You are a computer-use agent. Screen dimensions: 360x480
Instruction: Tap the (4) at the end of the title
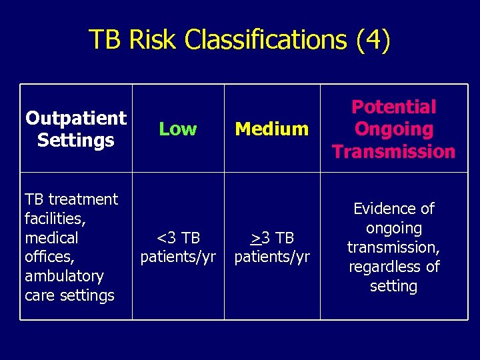pyautogui.click(x=373, y=40)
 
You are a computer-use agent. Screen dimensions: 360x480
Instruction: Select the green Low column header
pyautogui.click(x=178, y=129)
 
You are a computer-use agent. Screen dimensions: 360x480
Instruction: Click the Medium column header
pyautogui.click(x=272, y=129)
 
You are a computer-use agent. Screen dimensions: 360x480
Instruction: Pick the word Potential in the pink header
pyautogui.click(x=393, y=107)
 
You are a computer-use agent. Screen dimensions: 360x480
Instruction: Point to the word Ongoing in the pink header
pyautogui.click(x=393, y=129)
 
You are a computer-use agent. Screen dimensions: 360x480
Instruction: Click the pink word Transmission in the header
pyautogui.click(x=393, y=151)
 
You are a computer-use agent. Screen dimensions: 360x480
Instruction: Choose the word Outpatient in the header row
pyautogui.click(x=76, y=119)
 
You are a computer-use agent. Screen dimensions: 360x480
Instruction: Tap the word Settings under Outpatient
pyautogui.click(x=76, y=141)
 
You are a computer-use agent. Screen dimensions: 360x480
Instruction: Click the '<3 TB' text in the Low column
pyautogui.click(x=178, y=238)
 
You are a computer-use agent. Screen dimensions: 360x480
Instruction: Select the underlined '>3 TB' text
pyautogui.click(x=272, y=238)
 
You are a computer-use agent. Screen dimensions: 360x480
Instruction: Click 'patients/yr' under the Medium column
pyautogui.click(x=272, y=257)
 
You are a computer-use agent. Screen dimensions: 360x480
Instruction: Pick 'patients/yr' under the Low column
pyautogui.click(x=178, y=257)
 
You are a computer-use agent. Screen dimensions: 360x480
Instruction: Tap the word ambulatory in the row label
pyautogui.click(x=64, y=276)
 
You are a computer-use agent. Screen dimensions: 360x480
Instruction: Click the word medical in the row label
pyautogui.click(x=51, y=237)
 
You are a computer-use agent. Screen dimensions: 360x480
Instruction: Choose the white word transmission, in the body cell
pyautogui.click(x=393, y=247)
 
